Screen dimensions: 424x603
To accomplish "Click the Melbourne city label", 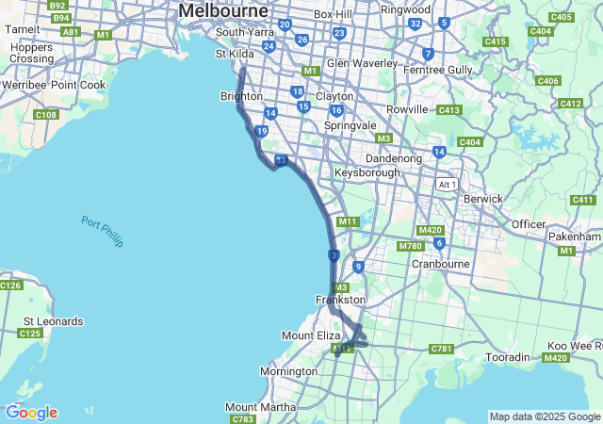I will (x=222, y=10).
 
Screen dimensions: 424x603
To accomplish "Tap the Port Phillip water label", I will (x=102, y=232).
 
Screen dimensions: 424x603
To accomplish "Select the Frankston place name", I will (x=340, y=300).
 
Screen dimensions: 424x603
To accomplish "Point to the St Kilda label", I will (x=235, y=55).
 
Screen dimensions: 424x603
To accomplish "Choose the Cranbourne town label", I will (x=441, y=264).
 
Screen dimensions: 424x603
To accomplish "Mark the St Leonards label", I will (x=50, y=321).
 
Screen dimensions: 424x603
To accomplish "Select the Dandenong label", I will (x=393, y=159).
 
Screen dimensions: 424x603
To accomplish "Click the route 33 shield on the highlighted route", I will (x=281, y=161).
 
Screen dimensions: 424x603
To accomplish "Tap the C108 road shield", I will (x=45, y=115).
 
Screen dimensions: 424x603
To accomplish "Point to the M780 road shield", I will (x=410, y=246).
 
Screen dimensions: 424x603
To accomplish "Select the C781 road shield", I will (x=441, y=349).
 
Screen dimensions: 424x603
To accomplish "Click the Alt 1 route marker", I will (x=446, y=185).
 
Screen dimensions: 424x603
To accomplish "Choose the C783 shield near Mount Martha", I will (x=242, y=419).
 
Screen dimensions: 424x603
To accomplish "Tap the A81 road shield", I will (x=70, y=31).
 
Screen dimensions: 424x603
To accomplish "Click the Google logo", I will (x=31, y=413).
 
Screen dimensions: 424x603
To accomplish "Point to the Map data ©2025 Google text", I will (x=544, y=416).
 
